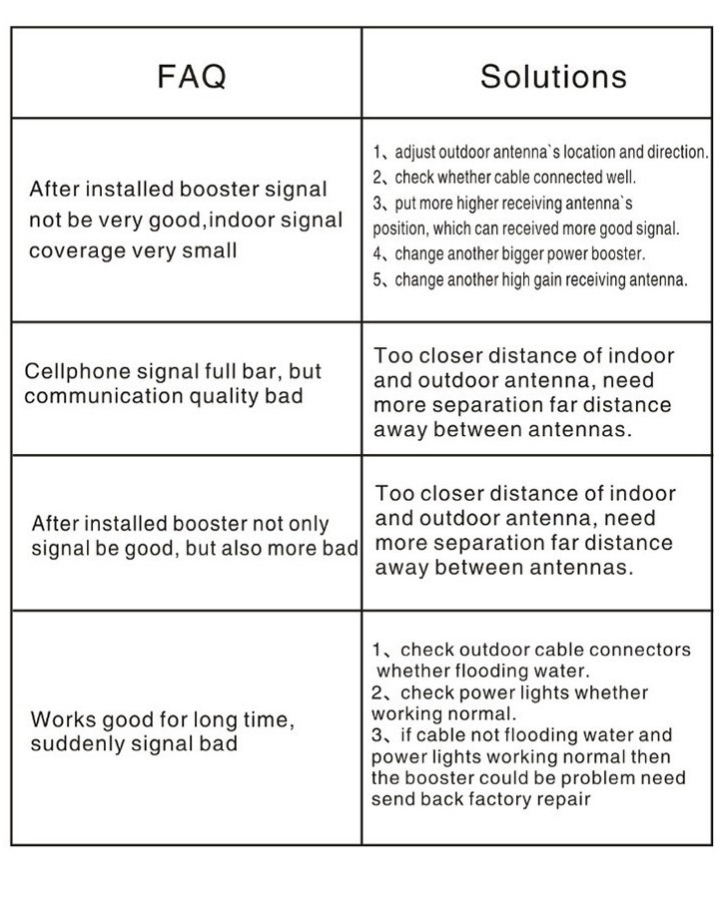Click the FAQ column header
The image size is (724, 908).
point(192,76)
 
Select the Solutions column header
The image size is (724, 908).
point(553,76)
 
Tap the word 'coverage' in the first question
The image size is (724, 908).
point(76,250)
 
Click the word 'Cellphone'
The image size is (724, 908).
point(76,371)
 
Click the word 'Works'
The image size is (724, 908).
point(61,719)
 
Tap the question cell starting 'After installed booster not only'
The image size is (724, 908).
point(187,536)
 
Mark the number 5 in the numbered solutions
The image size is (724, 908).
point(378,279)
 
